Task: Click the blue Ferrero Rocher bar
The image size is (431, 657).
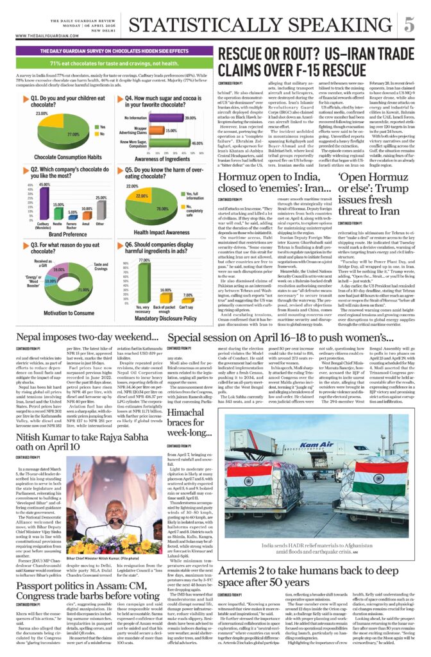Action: point(72,216)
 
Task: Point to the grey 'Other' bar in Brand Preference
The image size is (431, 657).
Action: point(100,209)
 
